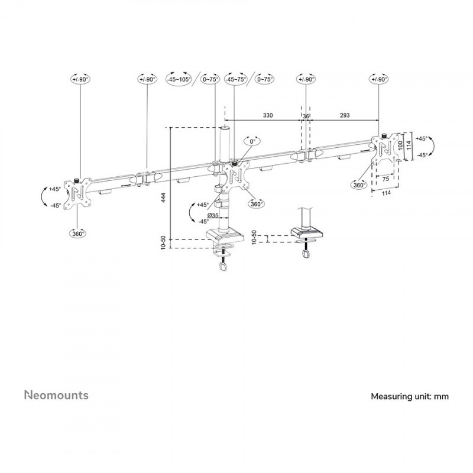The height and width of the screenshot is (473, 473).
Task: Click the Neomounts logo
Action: tap(56, 395)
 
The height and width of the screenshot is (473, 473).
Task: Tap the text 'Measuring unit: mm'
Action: tap(409, 397)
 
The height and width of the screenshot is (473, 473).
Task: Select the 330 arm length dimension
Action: tap(267, 116)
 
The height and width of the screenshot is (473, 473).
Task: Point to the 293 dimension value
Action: tap(344, 116)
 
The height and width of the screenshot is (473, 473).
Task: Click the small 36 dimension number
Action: tap(306, 116)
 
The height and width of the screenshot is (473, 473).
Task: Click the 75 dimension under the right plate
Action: tap(385, 178)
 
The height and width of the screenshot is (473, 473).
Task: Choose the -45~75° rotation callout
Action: tap(236, 79)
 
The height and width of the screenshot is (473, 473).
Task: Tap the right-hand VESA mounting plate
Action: tap(381, 151)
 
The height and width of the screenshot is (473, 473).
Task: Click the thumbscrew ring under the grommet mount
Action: tap(305, 254)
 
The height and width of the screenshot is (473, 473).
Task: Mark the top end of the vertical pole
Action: tap(225, 127)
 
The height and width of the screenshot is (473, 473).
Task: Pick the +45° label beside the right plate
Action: tap(421, 138)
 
